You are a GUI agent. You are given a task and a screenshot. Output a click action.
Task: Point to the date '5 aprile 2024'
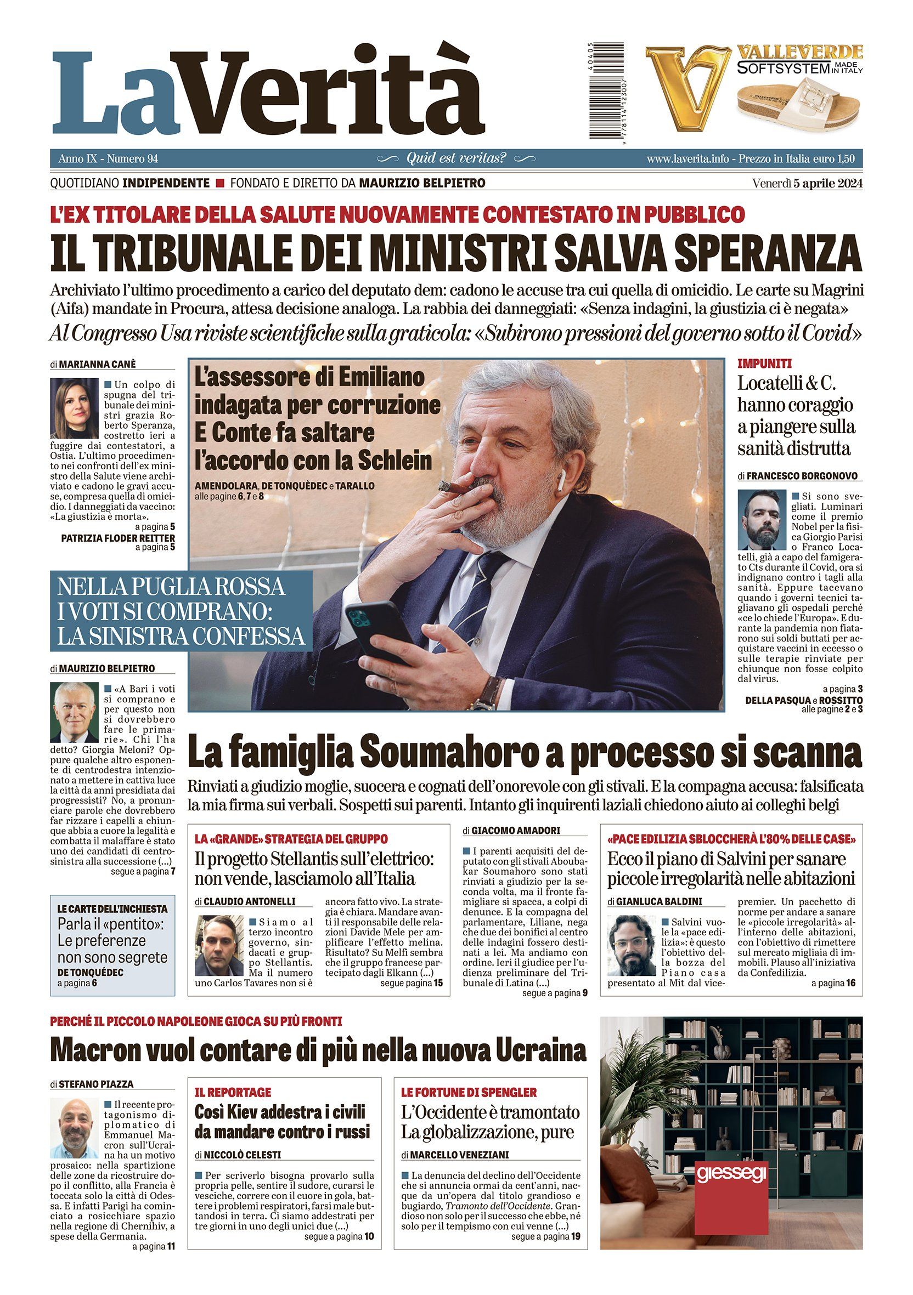pyautogui.click(x=827, y=183)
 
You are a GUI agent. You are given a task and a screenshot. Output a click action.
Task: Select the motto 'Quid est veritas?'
pyautogui.click(x=456, y=159)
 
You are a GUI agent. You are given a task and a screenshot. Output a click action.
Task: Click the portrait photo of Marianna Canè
pyautogui.click(x=74, y=408)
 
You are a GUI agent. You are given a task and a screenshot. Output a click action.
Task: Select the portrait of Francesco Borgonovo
pyautogui.click(x=762, y=520)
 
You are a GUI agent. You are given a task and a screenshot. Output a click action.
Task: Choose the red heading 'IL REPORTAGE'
pyautogui.click(x=233, y=1092)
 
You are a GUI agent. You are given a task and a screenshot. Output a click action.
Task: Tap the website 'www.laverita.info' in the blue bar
pyautogui.click(x=686, y=159)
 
